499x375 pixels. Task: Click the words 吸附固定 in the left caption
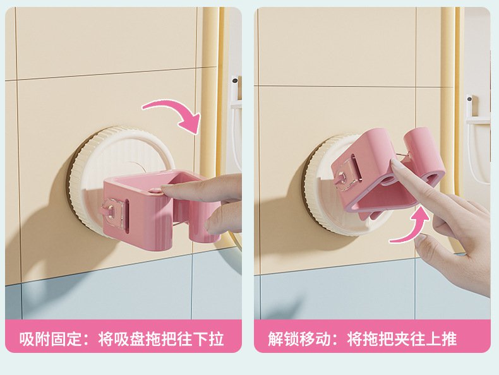[51, 339]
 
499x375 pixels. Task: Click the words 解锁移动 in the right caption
[299, 339]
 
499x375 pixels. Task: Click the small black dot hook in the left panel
[235, 80]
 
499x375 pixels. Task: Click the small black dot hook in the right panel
[470, 98]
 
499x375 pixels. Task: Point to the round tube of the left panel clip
[205, 223]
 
